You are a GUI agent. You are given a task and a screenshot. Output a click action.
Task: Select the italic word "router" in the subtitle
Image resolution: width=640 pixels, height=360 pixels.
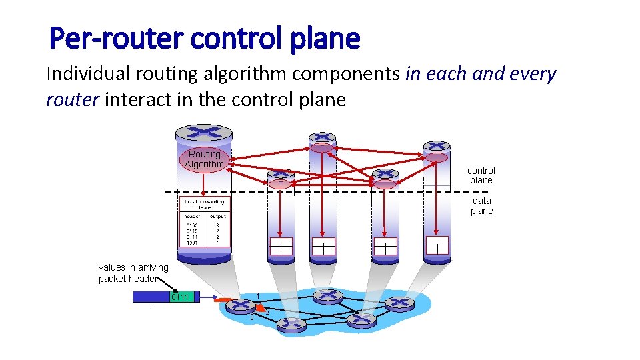point(72,100)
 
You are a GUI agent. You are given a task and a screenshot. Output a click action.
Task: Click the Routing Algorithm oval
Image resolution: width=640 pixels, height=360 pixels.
point(204,159)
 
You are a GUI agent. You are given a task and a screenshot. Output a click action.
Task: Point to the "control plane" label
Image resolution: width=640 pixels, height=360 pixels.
point(481,175)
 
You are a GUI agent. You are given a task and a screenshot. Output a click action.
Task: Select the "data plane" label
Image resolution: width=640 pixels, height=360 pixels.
point(481,205)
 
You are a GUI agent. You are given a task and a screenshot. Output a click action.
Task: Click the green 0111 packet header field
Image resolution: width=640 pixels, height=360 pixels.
point(182,297)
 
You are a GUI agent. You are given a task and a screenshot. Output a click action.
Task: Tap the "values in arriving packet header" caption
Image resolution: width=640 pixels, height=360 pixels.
point(133,273)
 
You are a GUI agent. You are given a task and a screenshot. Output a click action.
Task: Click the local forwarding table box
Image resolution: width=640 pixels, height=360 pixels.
point(204,222)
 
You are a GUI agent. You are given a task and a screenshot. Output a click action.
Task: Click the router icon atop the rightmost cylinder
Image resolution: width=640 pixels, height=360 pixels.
point(436,146)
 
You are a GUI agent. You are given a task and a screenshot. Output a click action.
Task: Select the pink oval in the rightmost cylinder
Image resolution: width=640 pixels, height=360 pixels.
point(437,158)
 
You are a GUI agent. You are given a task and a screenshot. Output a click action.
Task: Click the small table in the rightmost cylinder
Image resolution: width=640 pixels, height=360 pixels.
point(437,245)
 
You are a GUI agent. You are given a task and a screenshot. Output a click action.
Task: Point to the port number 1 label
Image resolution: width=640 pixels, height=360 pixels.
point(258,296)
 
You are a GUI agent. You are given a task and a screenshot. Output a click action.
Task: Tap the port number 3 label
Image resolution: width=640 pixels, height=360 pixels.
point(251,317)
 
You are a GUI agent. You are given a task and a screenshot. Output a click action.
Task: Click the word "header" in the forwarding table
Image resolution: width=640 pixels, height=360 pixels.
point(192,216)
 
